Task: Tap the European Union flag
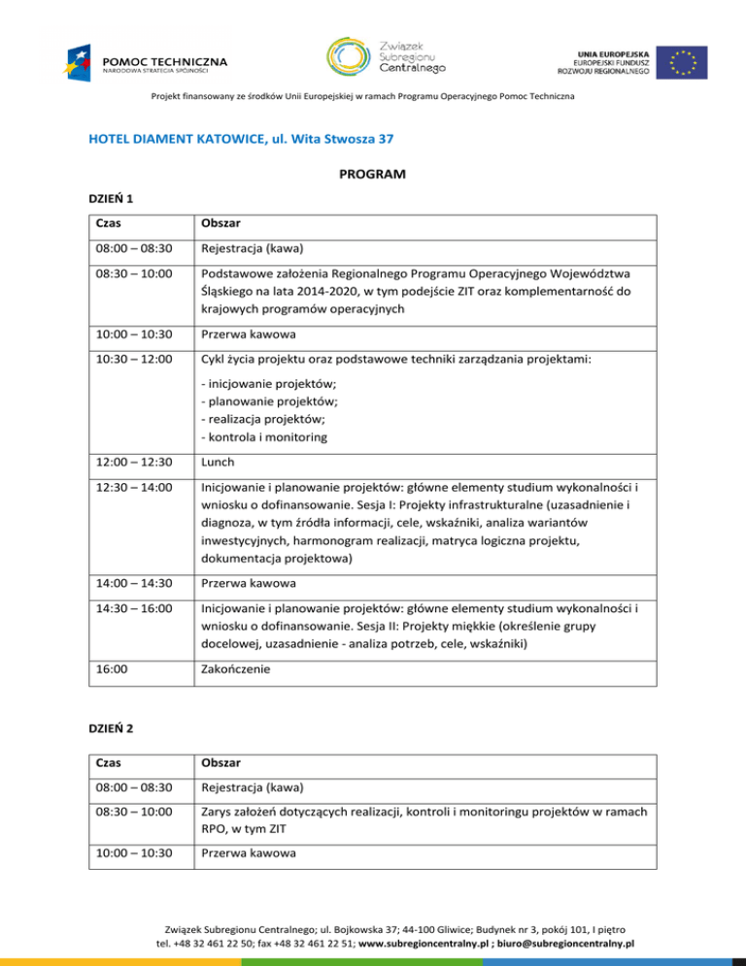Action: pyautogui.click(x=680, y=61)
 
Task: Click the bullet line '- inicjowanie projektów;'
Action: pyautogui.click(x=260, y=384)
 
